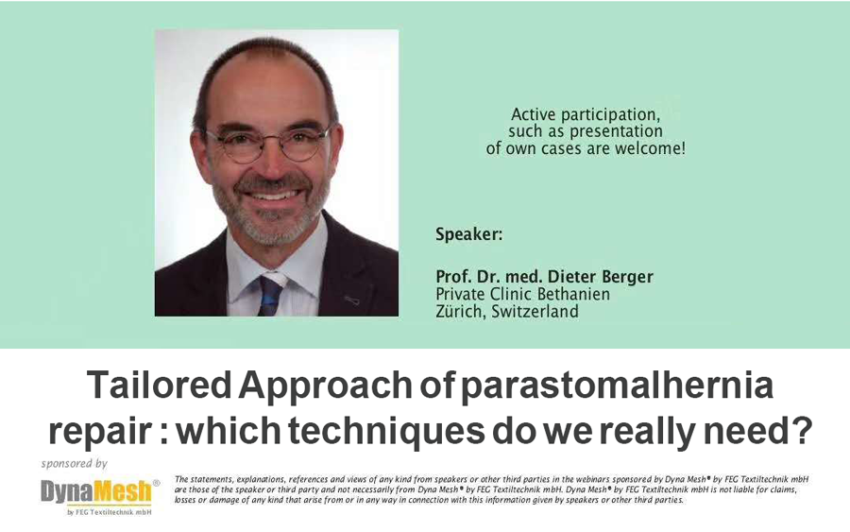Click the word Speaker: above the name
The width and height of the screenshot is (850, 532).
click(468, 235)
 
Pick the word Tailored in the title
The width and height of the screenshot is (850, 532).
click(160, 385)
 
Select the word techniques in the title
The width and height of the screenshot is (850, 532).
click(386, 431)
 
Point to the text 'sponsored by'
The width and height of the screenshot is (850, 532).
click(75, 464)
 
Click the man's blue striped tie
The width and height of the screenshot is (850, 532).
click(270, 295)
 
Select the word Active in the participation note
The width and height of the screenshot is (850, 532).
click(534, 115)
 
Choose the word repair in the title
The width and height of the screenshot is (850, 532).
click(100, 432)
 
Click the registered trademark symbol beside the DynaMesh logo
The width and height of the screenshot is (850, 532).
click(156, 482)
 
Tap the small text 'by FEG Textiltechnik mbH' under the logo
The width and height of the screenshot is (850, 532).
click(109, 512)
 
